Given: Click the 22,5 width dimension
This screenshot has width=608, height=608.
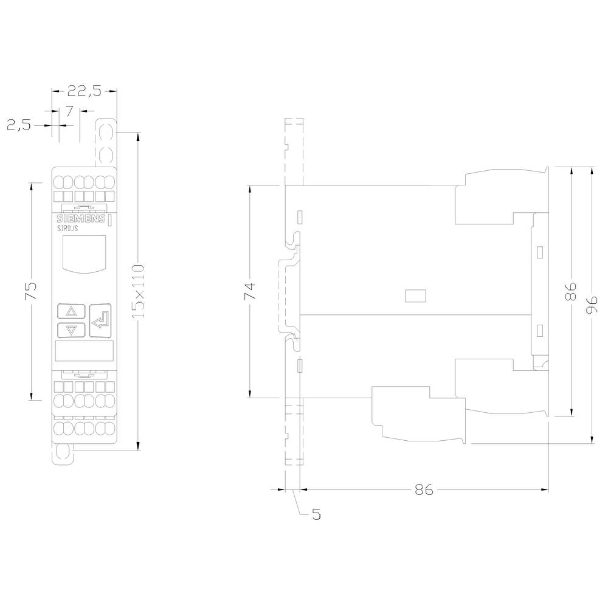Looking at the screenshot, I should (83, 91).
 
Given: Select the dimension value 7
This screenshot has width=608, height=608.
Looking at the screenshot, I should (69, 111).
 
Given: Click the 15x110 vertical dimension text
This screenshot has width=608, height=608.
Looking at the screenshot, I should (138, 291).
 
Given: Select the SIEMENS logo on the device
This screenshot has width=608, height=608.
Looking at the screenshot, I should (80, 220).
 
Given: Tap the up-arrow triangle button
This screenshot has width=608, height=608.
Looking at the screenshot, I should (71, 311).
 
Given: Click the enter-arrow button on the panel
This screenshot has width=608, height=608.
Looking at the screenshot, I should (101, 320).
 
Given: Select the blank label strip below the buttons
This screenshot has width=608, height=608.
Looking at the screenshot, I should (83, 351).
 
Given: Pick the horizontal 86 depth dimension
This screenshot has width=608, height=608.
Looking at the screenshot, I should (424, 489).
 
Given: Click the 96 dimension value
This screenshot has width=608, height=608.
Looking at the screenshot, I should (592, 304).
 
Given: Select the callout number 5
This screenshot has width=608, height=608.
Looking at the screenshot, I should (316, 515).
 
